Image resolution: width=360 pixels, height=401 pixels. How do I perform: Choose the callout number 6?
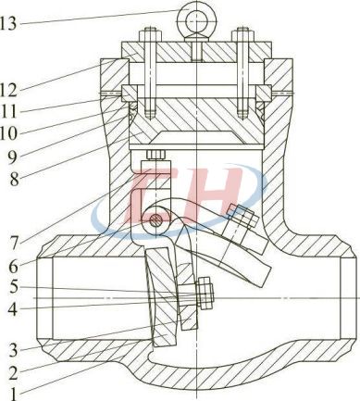point(8,264)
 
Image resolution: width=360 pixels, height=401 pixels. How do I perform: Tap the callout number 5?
point(8,288)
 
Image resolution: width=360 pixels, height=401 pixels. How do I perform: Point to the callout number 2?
point(8,372)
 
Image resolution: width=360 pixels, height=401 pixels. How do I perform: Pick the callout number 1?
point(8,394)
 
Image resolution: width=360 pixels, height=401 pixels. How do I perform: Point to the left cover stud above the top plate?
point(146,42)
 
